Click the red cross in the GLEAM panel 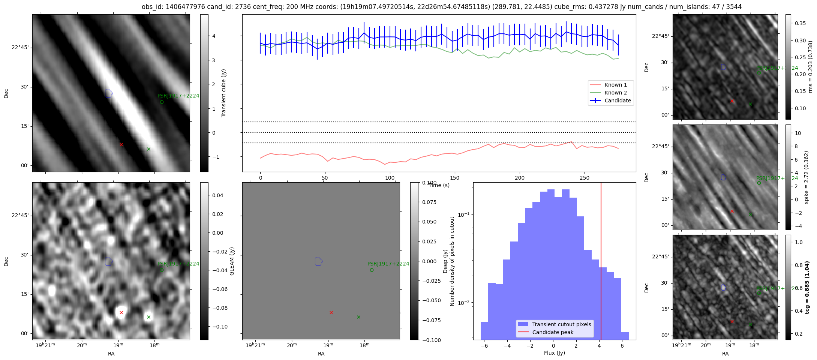121,312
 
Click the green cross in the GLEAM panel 148,317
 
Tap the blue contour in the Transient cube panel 108,93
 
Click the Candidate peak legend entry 553,332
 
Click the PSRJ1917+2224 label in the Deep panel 388,264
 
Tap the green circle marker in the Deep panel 372,270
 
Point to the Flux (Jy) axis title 554,353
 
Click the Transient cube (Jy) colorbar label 224,93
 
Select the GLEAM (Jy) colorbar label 232,261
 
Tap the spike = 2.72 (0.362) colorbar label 807,177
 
